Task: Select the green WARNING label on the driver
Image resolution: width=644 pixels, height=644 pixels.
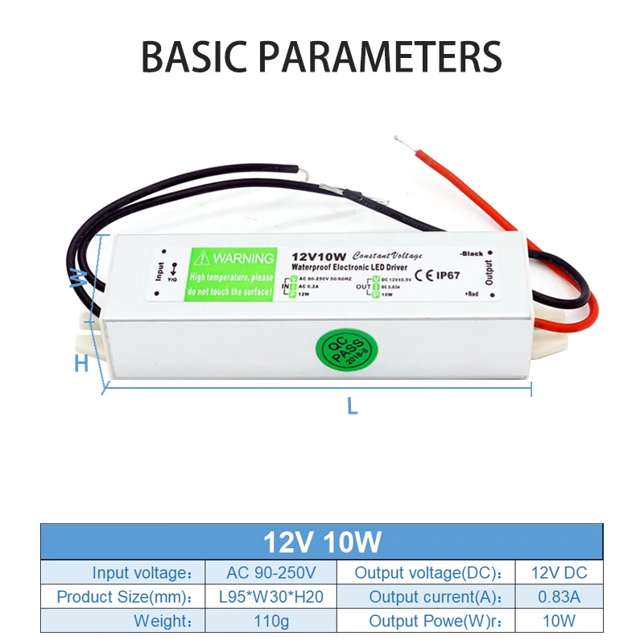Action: click(x=232, y=273)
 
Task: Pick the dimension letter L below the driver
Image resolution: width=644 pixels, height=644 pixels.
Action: click(x=351, y=407)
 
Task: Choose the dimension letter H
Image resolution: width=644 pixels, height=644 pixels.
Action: click(x=81, y=364)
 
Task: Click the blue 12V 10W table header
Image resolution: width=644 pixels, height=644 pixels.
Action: click(x=322, y=542)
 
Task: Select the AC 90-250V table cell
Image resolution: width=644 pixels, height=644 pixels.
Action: click(x=271, y=573)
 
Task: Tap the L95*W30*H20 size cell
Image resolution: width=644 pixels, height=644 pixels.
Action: click(x=271, y=597)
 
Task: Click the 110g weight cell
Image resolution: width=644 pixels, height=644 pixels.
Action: click(x=271, y=621)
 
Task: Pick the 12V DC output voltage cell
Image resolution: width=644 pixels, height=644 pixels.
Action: click(x=559, y=573)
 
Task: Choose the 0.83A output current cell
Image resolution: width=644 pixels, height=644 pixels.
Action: click(x=559, y=597)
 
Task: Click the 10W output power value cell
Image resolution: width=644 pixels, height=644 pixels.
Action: click(x=559, y=621)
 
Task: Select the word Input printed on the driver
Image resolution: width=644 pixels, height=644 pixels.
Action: click(x=159, y=272)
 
